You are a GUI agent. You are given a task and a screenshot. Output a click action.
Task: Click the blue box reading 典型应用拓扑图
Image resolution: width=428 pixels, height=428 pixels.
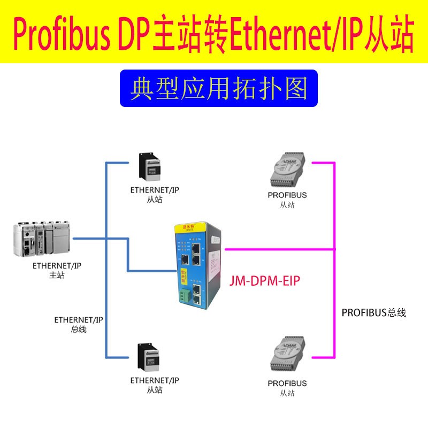click(218, 88)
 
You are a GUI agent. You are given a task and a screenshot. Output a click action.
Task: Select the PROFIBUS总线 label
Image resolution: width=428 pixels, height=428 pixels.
click(374, 312)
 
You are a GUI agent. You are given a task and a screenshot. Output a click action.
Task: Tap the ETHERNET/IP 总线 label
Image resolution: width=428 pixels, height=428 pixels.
click(78, 324)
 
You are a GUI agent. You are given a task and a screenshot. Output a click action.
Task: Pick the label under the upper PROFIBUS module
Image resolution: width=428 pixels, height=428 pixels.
click(287, 199)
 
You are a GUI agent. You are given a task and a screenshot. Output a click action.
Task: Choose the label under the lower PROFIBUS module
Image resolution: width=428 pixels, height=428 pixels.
click(287, 388)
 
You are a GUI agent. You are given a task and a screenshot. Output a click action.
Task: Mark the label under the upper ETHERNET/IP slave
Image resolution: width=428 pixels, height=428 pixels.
click(155, 194)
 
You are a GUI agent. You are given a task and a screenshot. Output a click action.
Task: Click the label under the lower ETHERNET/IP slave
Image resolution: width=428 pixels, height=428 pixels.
click(155, 385)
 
